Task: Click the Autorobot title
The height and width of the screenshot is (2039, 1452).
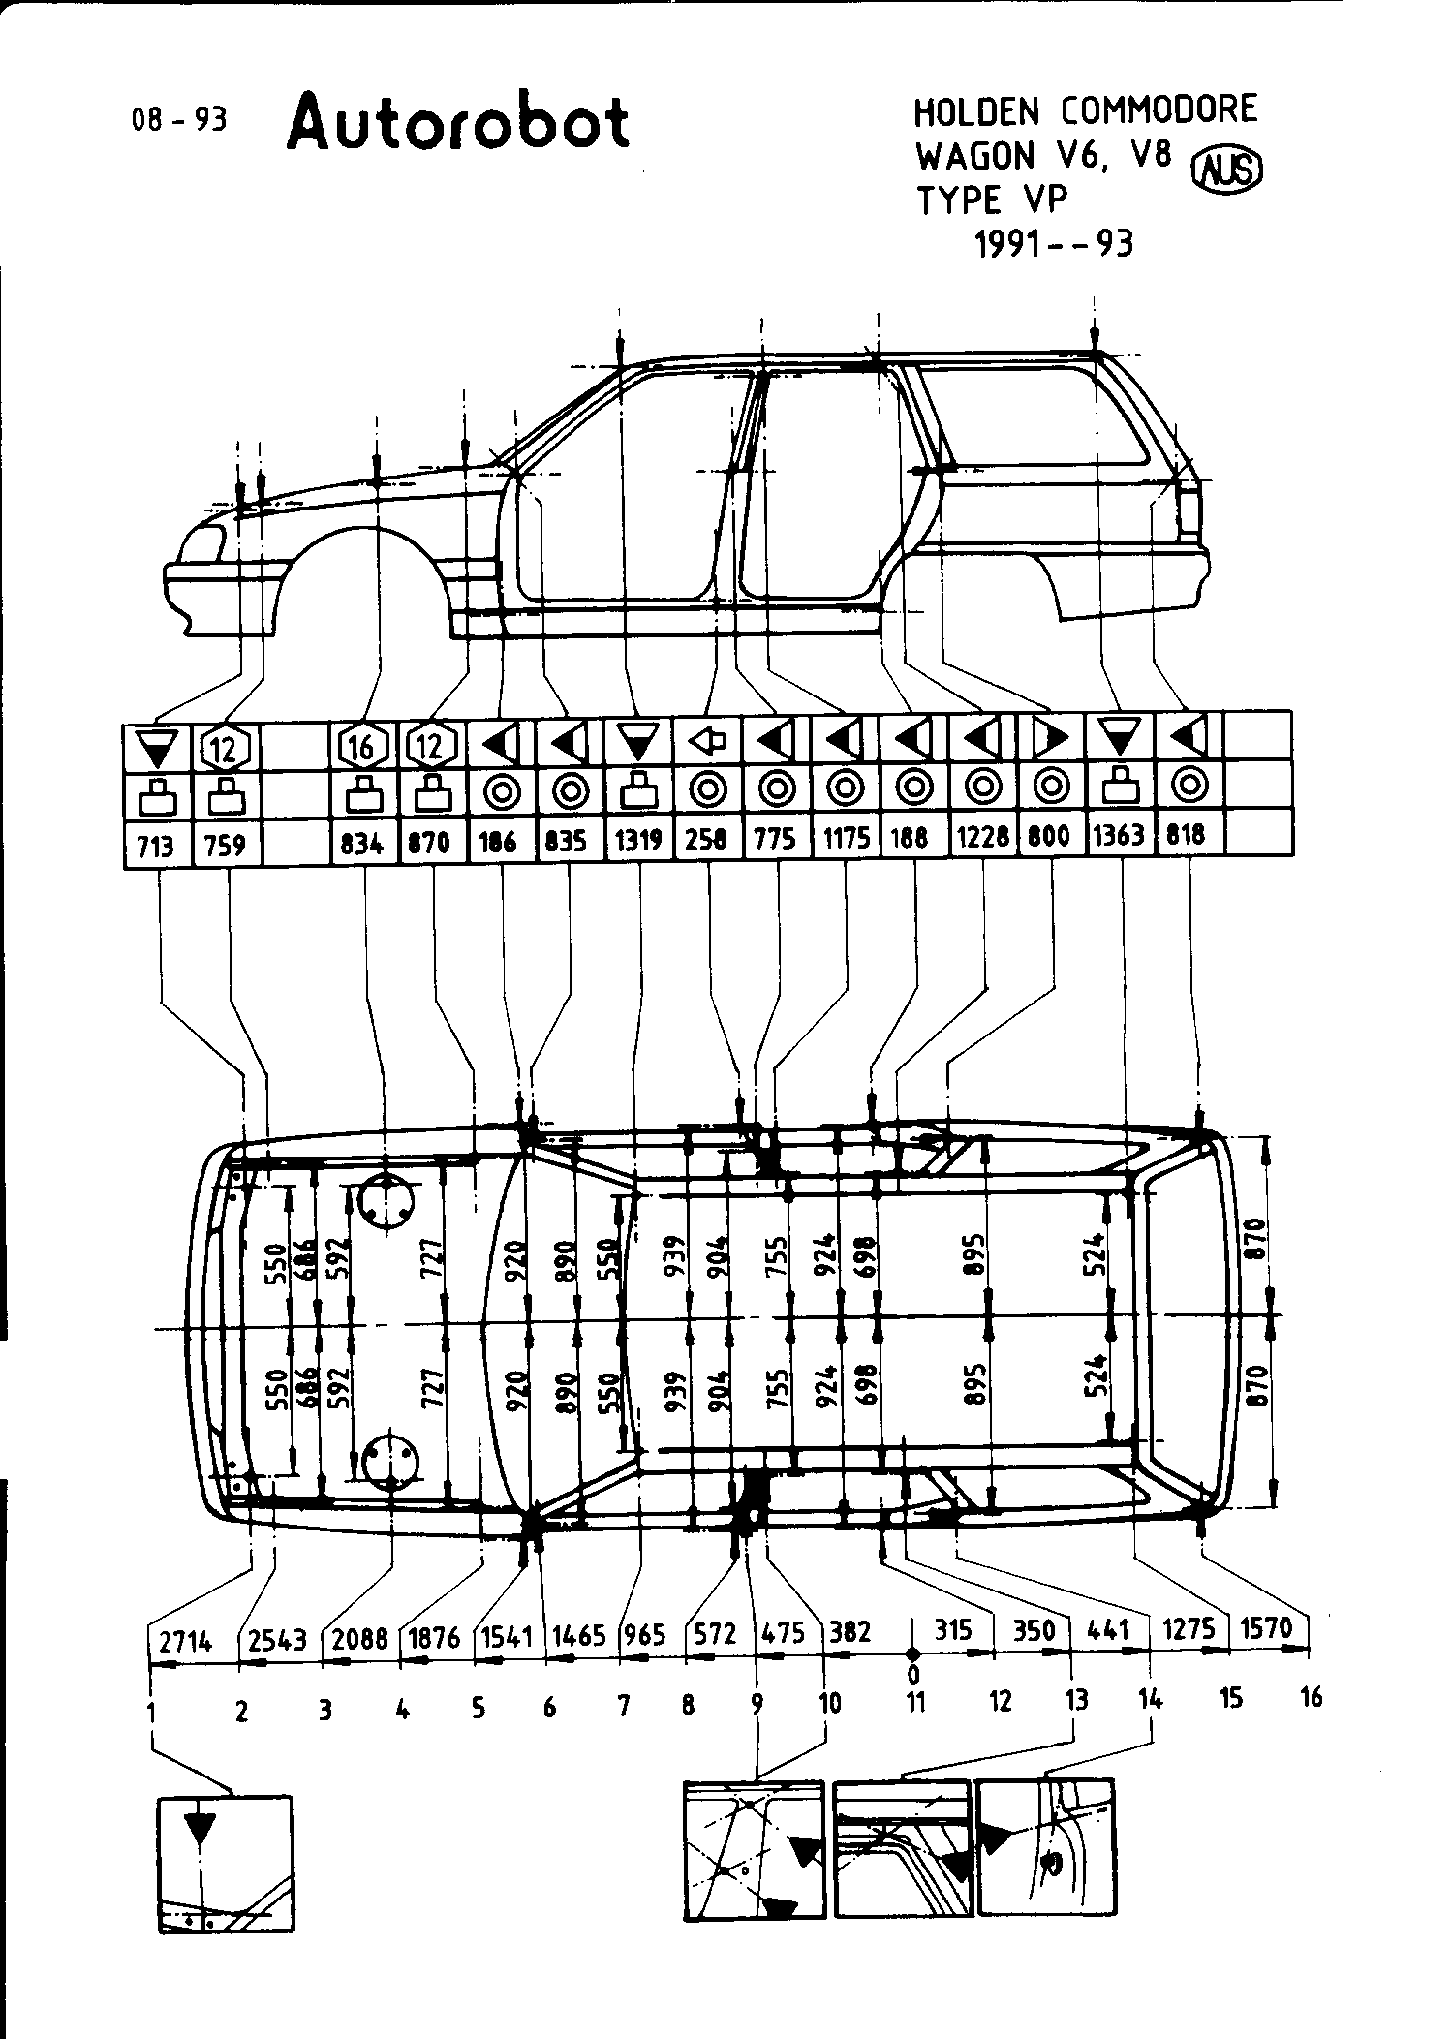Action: [x=457, y=123]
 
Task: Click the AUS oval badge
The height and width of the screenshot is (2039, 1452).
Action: [x=1231, y=171]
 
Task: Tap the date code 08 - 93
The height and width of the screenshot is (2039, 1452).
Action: [x=178, y=119]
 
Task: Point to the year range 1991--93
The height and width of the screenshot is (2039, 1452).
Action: [x=1053, y=243]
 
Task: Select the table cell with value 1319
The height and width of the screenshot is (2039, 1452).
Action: [x=638, y=840]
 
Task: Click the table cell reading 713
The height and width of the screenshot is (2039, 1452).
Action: [x=155, y=845]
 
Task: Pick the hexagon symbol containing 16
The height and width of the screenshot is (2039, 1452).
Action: [x=363, y=746]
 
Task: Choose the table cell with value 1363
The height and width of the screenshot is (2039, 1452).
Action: [x=1119, y=835]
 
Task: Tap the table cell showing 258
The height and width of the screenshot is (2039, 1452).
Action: [x=706, y=839]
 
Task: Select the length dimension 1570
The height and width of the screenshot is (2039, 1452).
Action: [x=1266, y=1629]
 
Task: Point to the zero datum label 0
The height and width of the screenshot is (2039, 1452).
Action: [x=912, y=1673]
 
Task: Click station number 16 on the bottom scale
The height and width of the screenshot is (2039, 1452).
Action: [x=1311, y=1697]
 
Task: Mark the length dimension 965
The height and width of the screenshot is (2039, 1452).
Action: [x=644, y=1635]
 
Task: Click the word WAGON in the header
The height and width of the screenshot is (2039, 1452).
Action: [x=975, y=156]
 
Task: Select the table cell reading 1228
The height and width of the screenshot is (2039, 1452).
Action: [x=982, y=837]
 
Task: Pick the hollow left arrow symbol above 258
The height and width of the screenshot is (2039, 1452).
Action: [x=707, y=742]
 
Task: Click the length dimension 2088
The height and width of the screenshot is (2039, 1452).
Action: [x=360, y=1639]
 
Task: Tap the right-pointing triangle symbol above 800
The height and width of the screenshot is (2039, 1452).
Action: [x=1051, y=739]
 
